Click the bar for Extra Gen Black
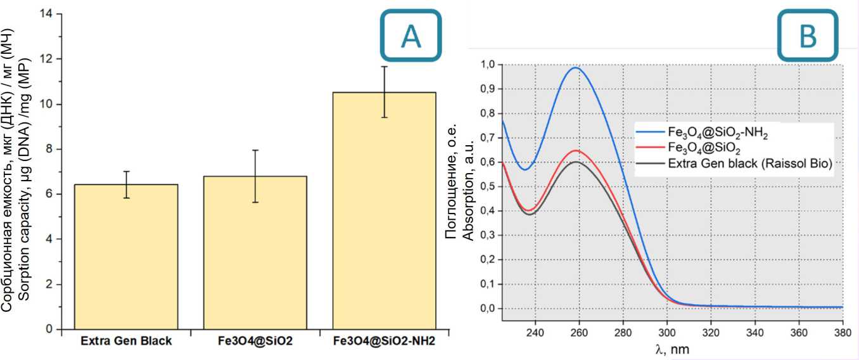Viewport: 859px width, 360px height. point(126,257)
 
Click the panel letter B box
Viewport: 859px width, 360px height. point(808,35)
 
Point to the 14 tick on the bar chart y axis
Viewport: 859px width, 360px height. point(47,14)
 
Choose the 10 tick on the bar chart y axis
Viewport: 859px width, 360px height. point(47,104)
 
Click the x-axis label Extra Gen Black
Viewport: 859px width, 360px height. point(126,341)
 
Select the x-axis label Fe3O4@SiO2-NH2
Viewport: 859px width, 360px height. point(385,341)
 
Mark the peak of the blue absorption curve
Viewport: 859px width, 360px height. point(575,67)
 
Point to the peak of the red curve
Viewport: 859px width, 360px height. point(575,150)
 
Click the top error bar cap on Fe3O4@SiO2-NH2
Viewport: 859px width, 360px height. point(385,66)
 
